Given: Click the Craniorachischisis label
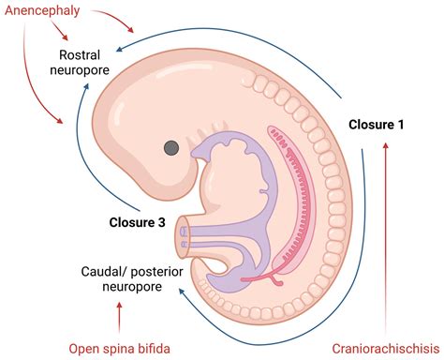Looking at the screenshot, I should coord(385,349).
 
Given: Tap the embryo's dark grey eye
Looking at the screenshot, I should coord(171,147).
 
